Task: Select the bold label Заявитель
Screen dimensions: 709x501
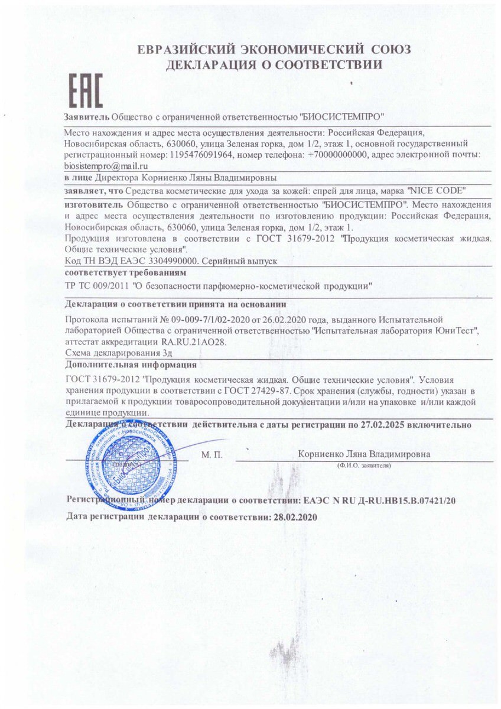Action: [x=86, y=116]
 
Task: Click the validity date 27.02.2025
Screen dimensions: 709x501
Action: [x=392, y=425]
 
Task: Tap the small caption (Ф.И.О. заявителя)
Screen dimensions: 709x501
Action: [x=364, y=466]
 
